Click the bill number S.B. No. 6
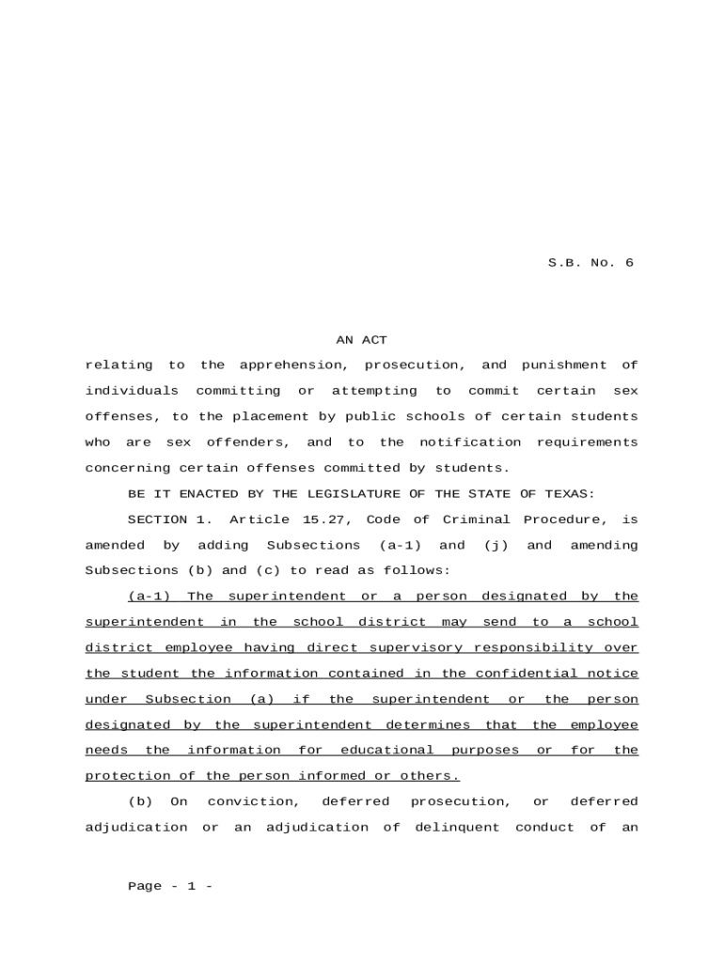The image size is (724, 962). coord(590,263)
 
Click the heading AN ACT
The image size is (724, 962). coord(362,340)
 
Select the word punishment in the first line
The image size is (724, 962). coord(564,365)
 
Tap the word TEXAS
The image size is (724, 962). coord(574,494)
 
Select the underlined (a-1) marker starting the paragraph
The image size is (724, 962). coord(149,597)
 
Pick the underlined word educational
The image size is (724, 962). coord(386,751)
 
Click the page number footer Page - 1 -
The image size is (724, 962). coord(170,887)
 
